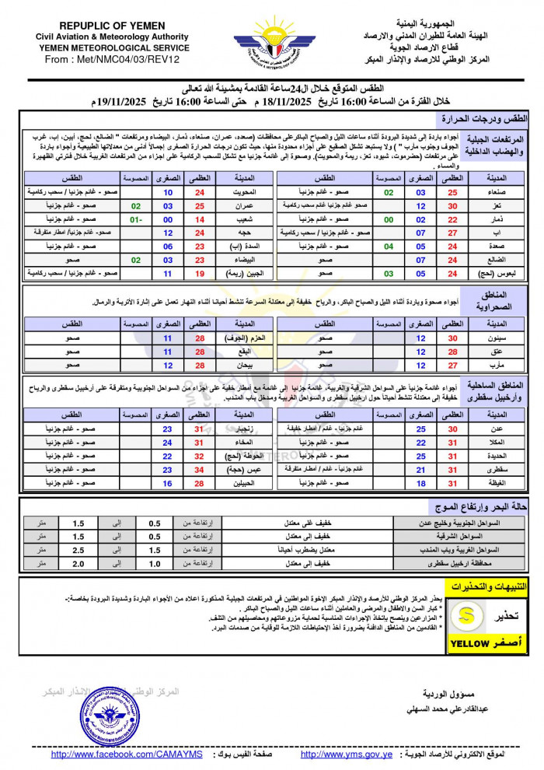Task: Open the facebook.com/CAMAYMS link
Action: click(x=126, y=754)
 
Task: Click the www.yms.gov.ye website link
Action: click(x=346, y=754)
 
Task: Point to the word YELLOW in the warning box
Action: click(x=469, y=643)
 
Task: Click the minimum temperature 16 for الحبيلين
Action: click(x=167, y=483)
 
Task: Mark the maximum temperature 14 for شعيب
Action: click(x=199, y=220)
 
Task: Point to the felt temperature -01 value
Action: click(x=135, y=220)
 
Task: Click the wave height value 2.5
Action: click(x=78, y=550)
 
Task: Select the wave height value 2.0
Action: click(x=78, y=563)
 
